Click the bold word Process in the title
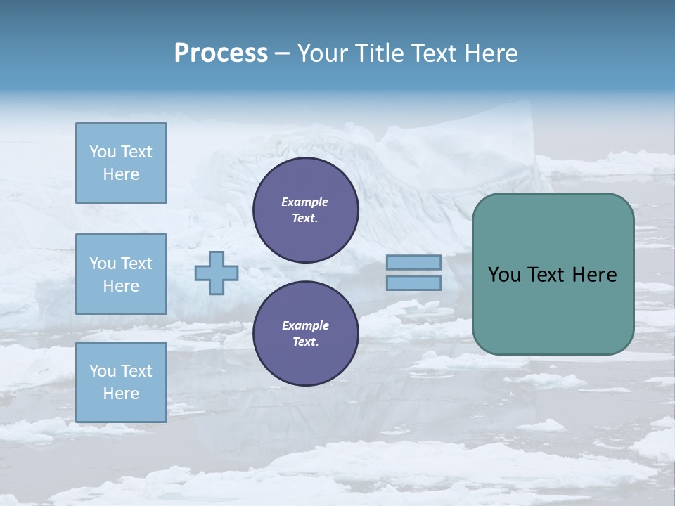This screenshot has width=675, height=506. [x=221, y=53]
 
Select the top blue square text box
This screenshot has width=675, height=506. [x=121, y=163]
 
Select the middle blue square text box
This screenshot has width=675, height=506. [x=121, y=274]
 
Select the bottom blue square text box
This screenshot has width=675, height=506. [x=121, y=382]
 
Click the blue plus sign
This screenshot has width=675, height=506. [x=217, y=273]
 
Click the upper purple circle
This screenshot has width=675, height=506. [x=306, y=210]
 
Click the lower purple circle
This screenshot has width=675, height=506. [x=306, y=333]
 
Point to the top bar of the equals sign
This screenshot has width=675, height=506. [x=414, y=262]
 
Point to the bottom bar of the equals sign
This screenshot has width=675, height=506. [x=414, y=283]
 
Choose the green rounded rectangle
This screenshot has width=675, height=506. [x=553, y=309]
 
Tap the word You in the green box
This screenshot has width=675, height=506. [x=504, y=274]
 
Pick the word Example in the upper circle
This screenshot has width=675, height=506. [x=305, y=202]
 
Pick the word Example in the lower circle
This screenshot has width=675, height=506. [x=305, y=325]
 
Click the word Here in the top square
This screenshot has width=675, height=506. [x=121, y=174]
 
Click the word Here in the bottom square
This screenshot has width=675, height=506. [x=121, y=394]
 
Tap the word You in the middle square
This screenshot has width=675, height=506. [x=102, y=264]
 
